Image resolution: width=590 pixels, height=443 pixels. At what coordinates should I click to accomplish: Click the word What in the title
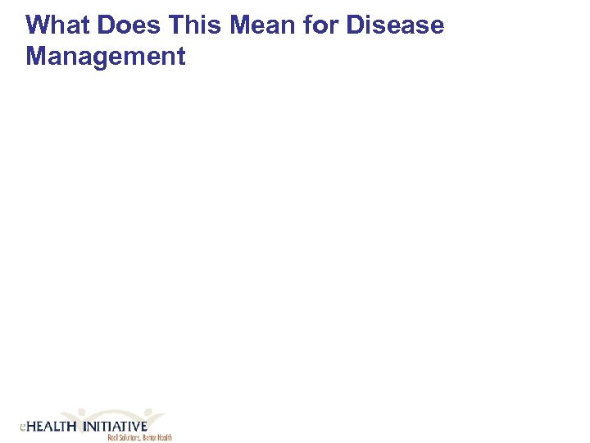54,25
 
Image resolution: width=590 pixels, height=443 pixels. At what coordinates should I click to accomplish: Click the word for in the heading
322,25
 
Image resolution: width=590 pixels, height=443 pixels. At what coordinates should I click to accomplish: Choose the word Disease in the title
395,25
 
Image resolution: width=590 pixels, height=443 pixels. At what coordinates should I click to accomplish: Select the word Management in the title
106,57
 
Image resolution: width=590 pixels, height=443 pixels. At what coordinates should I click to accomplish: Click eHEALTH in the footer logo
48,427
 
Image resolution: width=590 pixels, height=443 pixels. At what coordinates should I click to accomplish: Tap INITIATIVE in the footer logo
115,427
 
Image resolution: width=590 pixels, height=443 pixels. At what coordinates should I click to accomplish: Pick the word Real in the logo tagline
112,437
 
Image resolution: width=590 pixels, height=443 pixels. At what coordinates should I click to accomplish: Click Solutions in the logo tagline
129,437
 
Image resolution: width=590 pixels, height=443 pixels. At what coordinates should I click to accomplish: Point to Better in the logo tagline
150,437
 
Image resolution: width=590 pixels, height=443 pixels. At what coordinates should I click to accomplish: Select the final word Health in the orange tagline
165,437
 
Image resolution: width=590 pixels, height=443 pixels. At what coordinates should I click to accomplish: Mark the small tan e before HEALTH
23,427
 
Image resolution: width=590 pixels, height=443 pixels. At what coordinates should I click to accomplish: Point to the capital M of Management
36,57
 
